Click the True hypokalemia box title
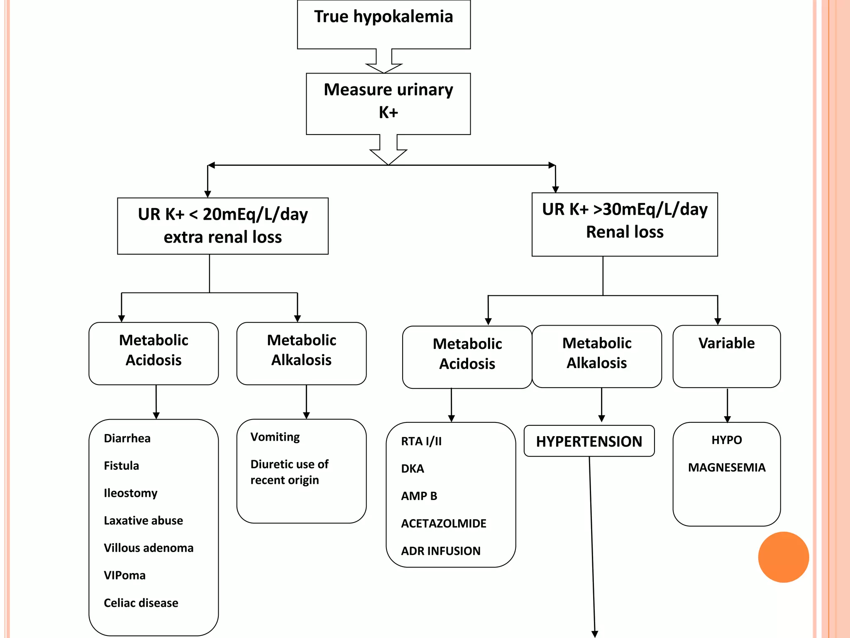pos(383,17)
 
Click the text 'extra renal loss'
pos(222,237)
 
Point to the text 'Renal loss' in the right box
pos(624,232)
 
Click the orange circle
pos(783,557)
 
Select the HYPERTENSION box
pos(589,441)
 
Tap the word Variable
pos(726,343)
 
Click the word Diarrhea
pos(127,438)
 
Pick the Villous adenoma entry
pos(149,548)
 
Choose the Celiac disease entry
pos(141,603)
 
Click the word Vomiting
pos(275,437)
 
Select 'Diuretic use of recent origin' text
pos(289,472)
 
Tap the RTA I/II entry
pos(421,441)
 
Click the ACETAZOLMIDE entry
pos(443,523)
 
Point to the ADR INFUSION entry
pos(440,551)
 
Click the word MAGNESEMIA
pos(726,468)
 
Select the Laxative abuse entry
pos(143,520)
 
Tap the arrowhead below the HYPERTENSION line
pos(595,634)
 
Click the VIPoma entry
pos(125,575)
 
